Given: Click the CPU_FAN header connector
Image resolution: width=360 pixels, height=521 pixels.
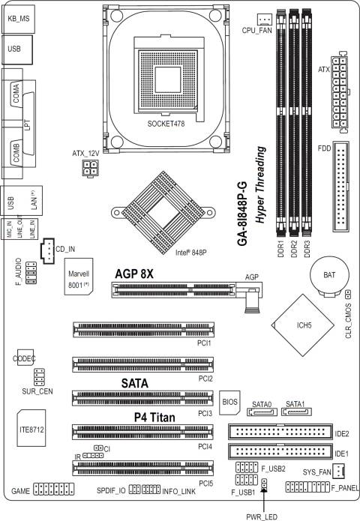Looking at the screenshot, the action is click(x=265, y=19).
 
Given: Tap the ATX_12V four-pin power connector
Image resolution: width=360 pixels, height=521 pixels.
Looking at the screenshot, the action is click(x=91, y=169).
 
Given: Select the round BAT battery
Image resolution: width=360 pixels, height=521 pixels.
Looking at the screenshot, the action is click(x=329, y=275).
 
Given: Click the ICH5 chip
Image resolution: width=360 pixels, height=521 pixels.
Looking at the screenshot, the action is click(x=303, y=325).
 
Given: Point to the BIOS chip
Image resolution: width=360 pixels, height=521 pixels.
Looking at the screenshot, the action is click(x=229, y=402).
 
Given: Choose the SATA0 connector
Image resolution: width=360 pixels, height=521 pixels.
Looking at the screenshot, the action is click(x=262, y=412).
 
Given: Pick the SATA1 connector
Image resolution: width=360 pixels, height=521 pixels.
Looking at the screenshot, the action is click(x=296, y=412).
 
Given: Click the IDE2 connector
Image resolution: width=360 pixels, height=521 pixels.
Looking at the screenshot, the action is click(x=280, y=432).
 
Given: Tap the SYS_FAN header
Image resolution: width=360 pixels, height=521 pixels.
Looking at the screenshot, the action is click(x=339, y=471).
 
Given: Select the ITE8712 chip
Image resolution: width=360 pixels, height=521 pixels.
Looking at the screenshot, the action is click(x=31, y=428).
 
